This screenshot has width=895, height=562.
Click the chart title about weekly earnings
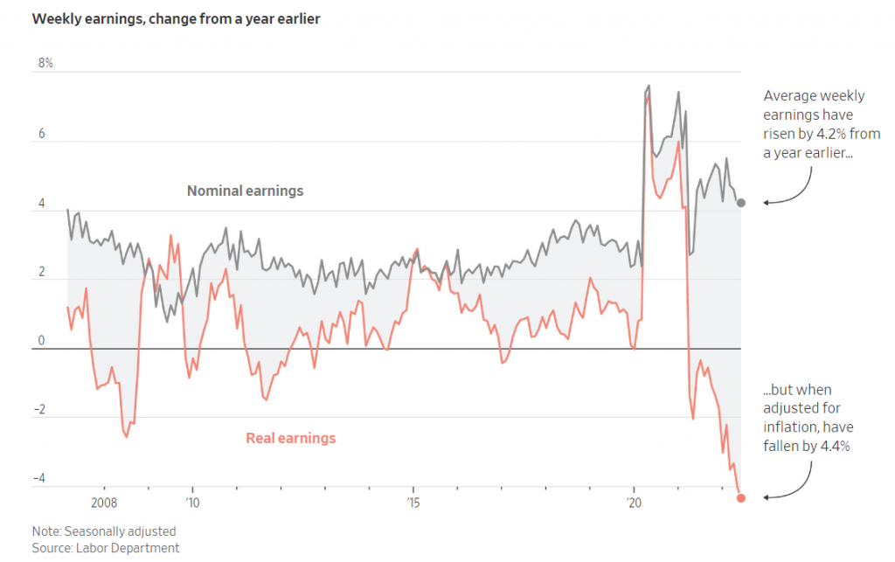(176, 18)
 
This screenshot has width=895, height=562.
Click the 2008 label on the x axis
(103, 503)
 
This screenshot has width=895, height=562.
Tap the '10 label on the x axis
(192, 503)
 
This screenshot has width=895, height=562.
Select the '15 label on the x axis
(413, 503)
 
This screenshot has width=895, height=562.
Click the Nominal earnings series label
(246, 191)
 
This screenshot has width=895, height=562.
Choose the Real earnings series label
(290, 438)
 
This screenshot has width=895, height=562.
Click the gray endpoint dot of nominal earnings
(741, 203)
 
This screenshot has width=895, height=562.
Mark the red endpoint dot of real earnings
(741, 498)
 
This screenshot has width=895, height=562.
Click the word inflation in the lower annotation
(791, 427)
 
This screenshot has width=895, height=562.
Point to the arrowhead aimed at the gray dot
(767, 203)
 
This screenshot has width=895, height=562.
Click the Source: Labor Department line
(105, 548)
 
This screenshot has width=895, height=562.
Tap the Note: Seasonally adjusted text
(103, 531)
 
